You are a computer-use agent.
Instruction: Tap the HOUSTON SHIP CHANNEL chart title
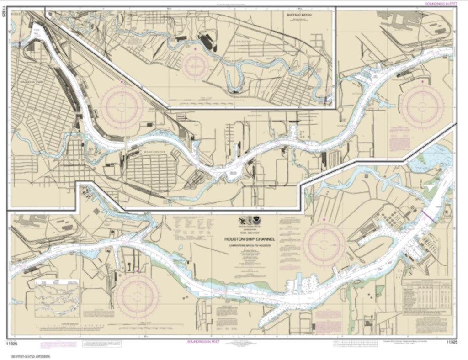[x=247, y=238]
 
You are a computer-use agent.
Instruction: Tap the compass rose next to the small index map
[x=137, y=296]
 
